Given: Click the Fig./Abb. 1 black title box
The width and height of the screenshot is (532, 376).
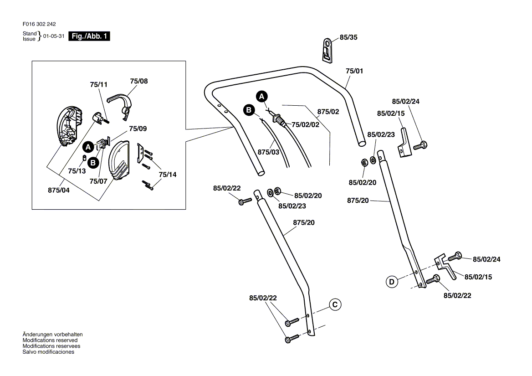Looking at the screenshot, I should pyautogui.click(x=89, y=36).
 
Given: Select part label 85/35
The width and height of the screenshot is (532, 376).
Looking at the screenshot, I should pyautogui.click(x=348, y=38).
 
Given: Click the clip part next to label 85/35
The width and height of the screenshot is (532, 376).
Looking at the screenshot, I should pyautogui.click(x=327, y=49).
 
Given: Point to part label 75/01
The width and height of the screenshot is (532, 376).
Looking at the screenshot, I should pyautogui.click(x=354, y=71).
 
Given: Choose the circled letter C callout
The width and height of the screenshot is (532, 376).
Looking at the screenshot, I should pyautogui.click(x=334, y=304).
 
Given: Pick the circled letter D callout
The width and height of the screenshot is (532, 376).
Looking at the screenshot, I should pyautogui.click(x=392, y=282).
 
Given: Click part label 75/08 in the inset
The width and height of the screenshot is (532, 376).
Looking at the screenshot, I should pyautogui.click(x=139, y=81).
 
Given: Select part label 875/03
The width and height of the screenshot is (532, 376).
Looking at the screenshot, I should pyautogui.click(x=268, y=152).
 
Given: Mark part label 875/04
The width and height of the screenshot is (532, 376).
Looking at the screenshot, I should pyautogui.click(x=59, y=191).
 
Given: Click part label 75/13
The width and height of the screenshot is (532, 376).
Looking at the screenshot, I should pyautogui.click(x=77, y=171).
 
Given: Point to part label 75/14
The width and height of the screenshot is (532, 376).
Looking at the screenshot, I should pyautogui.click(x=167, y=175).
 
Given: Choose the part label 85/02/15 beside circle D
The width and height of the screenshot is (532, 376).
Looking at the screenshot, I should pyautogui.click(x=478, y=277).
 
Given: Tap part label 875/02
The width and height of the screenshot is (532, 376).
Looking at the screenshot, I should pyautogui.click(x=328, y=111).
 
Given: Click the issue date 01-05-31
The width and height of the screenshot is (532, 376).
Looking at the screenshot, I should pyautogui.click(x=54, y=36).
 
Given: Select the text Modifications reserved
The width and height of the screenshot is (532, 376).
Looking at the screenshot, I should pyautogui.click(x=50, y=340).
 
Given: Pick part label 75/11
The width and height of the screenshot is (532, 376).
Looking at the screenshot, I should pyautogui.click(x=99, y=85).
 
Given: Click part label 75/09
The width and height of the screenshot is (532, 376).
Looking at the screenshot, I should pyautogui.click(x=138, y=129).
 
